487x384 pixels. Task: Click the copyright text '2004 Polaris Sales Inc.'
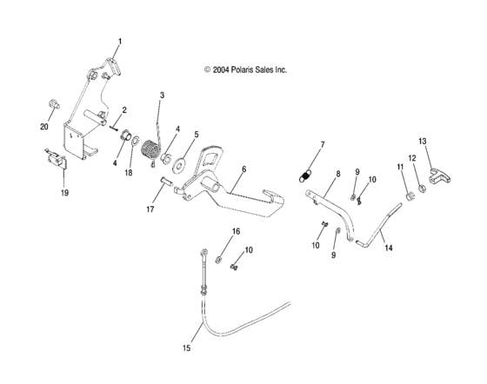pyautogui.click(x=244, y=69)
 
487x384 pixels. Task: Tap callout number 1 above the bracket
pyautogui.click(x=120, y=42)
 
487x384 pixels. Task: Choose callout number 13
pyautogui.click(x=422, y=140)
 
